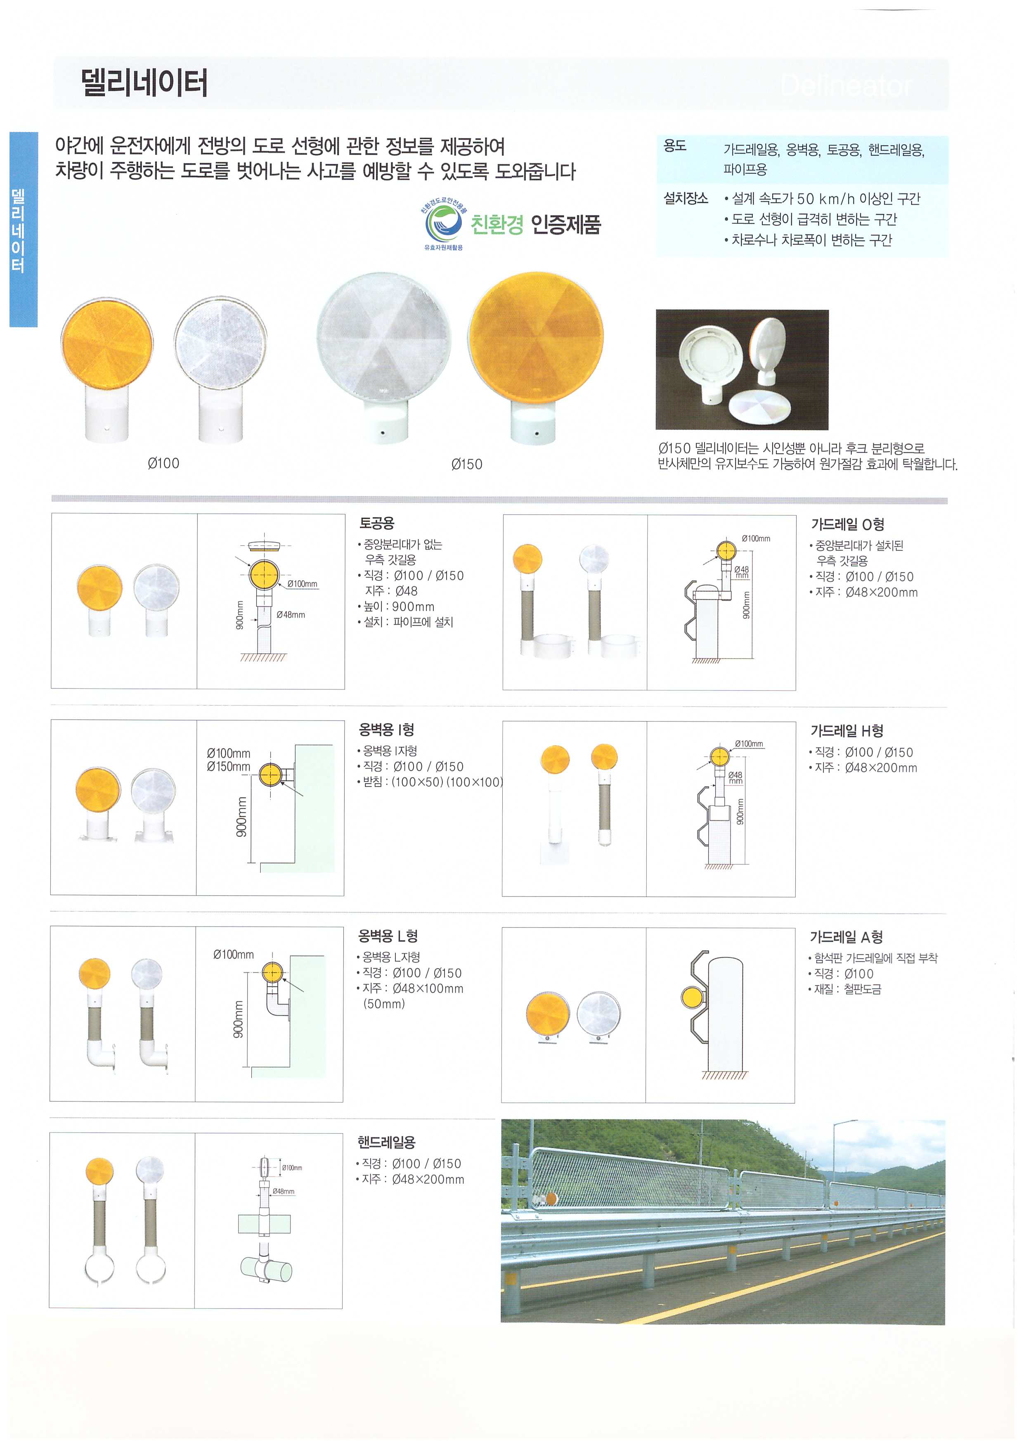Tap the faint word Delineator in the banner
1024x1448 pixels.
point(846,85)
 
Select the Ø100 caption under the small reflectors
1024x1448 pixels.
point(163,464)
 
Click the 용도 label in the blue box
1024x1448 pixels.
point(675,146)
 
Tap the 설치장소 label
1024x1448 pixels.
point(686,199)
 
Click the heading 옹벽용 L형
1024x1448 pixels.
point(388,936)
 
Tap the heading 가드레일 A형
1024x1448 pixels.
point(846,938)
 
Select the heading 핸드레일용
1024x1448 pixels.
point(386,1142)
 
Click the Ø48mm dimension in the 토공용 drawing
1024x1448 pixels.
point(291,615)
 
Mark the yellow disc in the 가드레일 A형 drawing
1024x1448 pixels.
point(692,998)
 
